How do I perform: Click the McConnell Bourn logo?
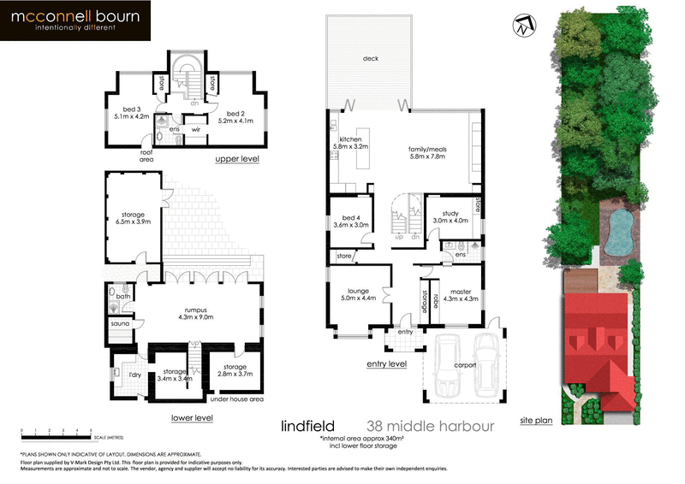pyautogui.click(x=76, y=21)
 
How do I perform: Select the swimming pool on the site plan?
pyautogui.click(x=621, y=232)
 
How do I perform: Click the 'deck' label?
pyautogui.click(x=370, y=58)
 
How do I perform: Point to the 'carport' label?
pyautogui.click(x=465, y=366)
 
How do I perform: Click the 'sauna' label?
pyautogui.click(x=119, y=325)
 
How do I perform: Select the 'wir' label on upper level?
pyautogui.click(x=195, y=130)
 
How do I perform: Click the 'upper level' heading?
pyautogui.click(x=236, y=159)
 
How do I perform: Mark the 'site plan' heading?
pyautogui.click(x=537, y=421)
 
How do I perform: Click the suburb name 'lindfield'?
pyautogui.click(x=308, y=425)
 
